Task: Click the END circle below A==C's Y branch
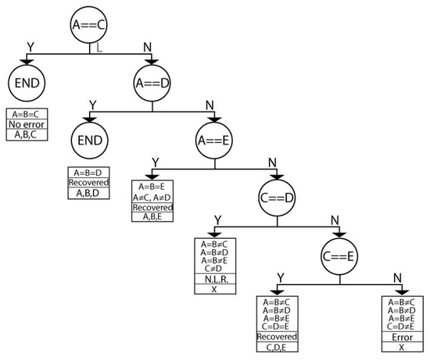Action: tap(27, 84)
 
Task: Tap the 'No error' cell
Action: tap(27, 123)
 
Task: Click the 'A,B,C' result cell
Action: tap(27, 133)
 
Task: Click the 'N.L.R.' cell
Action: tap(215, 279)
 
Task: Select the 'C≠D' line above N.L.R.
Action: tap(215, 269)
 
